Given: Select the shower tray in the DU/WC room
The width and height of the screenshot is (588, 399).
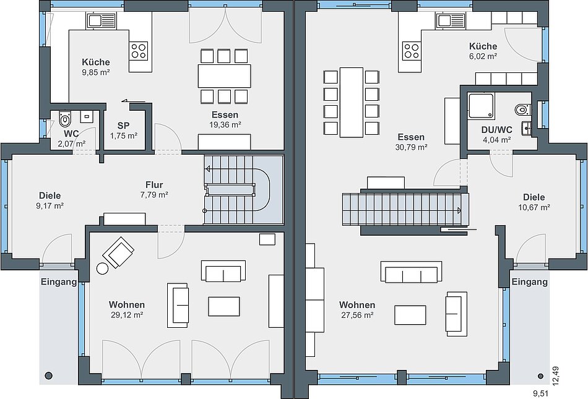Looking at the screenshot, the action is click(482, 106).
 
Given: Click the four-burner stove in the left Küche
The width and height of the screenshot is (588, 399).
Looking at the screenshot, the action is click(139, 51).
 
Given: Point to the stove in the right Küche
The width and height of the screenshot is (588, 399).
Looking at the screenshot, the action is click(412, 51).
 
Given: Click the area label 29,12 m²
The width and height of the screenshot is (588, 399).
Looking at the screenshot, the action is click(127, 315).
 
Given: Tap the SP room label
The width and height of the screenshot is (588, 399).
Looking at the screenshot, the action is click(123, 126).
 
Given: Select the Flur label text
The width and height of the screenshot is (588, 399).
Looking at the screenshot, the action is click(154, 185).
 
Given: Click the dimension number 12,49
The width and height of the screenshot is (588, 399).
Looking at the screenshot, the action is click(556, 375).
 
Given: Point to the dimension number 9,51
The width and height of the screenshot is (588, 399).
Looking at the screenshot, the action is click(541, 393).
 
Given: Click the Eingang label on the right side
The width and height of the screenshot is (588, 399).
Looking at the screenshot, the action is click(529, 281).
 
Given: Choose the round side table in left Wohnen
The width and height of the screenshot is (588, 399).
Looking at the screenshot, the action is click(102, 268).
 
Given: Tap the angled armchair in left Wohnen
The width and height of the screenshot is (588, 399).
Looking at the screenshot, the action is click(118, 252).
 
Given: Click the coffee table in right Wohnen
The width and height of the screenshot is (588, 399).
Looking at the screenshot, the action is click(410, 315).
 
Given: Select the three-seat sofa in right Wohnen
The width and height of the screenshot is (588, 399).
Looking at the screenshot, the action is click(412, 272).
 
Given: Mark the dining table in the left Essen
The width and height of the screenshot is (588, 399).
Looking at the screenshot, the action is click(225, 76).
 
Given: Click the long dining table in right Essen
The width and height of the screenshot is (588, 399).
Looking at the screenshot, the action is click(352, 102).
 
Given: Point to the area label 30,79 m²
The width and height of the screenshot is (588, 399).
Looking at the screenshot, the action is click(412, 147).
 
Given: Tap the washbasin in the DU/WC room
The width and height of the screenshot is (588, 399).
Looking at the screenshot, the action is click(527, 128).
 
